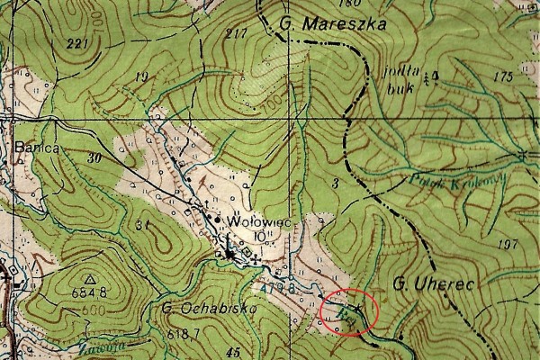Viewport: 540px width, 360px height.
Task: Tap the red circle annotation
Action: (348, 312)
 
